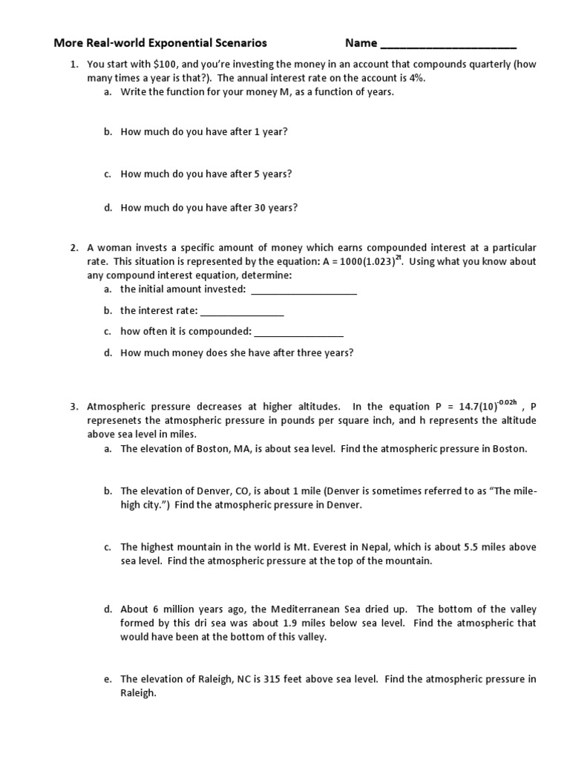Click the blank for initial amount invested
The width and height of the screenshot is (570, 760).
304,290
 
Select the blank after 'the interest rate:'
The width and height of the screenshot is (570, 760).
242,311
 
